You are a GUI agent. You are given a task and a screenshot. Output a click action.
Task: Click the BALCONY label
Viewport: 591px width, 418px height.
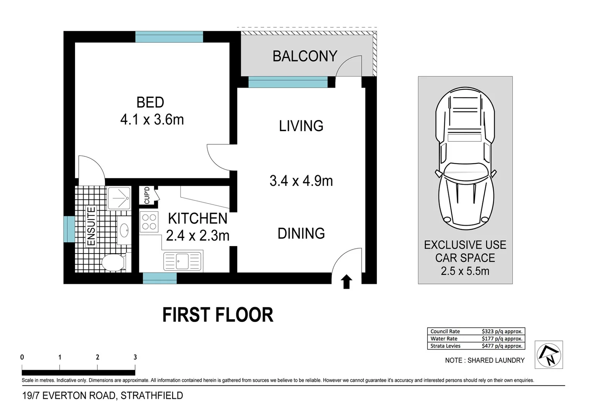305,57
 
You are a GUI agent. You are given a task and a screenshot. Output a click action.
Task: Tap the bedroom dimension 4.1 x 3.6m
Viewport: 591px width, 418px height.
152,120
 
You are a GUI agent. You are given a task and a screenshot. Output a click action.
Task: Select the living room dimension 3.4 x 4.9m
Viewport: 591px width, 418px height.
301,181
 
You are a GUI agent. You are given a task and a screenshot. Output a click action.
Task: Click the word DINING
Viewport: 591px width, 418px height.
301,233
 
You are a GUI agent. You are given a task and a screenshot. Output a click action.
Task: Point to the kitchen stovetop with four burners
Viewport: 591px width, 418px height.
149,222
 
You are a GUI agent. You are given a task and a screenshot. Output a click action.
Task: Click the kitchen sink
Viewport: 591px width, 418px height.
183,261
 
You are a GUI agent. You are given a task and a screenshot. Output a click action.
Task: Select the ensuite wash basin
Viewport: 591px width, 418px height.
124,231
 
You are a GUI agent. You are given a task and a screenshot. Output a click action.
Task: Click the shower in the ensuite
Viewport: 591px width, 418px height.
119,198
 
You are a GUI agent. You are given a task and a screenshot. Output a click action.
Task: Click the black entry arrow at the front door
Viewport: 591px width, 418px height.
347,282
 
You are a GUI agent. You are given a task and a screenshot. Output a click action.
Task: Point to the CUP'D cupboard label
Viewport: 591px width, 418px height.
147,195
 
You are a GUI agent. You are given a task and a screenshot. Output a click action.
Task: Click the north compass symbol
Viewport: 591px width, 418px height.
548,355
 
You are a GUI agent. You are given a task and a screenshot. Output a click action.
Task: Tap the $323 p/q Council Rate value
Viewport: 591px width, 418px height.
502,331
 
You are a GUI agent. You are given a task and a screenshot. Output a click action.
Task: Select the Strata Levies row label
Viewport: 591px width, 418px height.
445,346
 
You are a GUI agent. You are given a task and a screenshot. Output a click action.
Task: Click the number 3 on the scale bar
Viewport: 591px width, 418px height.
135,357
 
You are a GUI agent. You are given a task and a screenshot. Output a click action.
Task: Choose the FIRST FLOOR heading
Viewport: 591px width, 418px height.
217,315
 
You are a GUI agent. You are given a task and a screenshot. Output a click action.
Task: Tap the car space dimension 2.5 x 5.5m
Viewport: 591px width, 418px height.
465,271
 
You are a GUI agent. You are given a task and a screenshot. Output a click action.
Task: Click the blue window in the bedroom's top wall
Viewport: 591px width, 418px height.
169,37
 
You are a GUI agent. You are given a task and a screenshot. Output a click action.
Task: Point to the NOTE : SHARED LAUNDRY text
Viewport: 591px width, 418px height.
485,360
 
